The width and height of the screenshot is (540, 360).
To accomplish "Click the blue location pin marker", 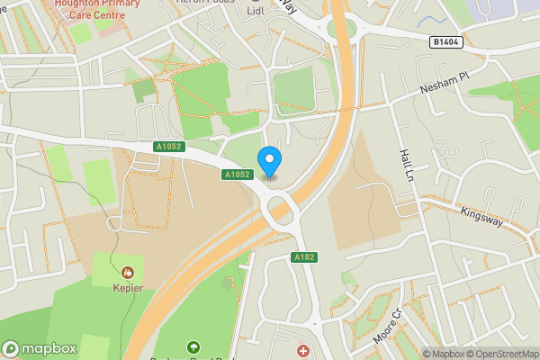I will pos(269,161).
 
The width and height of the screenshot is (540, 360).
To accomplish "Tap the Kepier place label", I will pos(128,288).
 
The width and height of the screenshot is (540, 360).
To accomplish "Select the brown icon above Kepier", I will pos(128,271).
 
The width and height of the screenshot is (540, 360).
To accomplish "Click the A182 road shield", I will pos(303,257).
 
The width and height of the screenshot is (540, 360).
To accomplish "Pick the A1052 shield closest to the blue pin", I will pos(237,175).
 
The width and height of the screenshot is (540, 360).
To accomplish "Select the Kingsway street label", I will pos(480,220).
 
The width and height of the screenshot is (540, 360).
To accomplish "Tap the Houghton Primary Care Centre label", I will pos(100,9).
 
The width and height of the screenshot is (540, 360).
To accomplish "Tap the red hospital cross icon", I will pos(303,350).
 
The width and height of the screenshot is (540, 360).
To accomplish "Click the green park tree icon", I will pos(192,347).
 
